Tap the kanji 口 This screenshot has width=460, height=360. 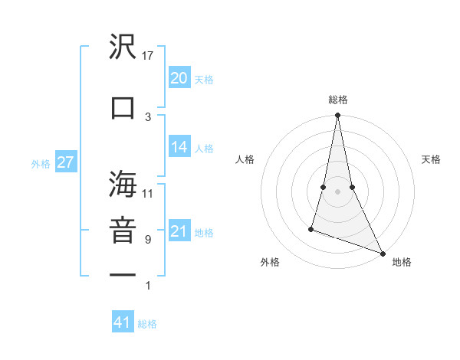point(123,106)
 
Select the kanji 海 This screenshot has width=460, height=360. point(123,186)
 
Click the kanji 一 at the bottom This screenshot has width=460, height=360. point(123,276)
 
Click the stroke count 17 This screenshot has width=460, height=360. point(148,54)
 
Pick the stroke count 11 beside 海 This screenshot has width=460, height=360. point(148,194)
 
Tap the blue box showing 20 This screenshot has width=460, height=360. point(179,78)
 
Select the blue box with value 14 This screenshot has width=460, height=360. point(179,148)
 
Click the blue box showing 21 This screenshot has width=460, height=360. point(179,231)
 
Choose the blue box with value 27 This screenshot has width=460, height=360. point(65,162)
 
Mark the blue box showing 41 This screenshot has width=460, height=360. point(123,322)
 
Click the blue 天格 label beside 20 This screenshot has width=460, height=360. point(204,80)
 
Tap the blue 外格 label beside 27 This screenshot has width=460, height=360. point(41,163)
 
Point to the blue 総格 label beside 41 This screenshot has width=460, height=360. point(147,324)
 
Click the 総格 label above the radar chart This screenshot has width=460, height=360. point(337,100)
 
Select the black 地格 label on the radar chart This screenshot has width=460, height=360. point(402,262)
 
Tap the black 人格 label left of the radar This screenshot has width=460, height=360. point(245,159)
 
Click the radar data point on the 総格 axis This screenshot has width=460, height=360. point(337,116)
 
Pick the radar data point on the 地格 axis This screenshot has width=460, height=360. point(382,254)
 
